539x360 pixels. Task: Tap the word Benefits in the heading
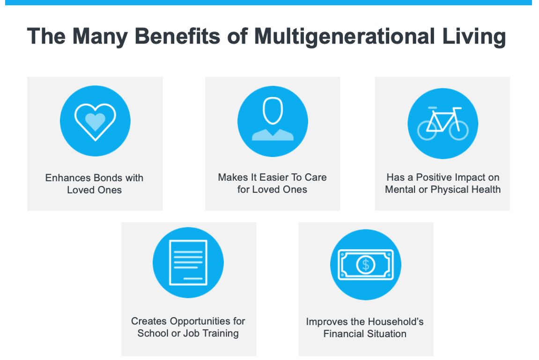(177, 36)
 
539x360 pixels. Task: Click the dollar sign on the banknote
(365, 265)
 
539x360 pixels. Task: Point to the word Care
(316, 177)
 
